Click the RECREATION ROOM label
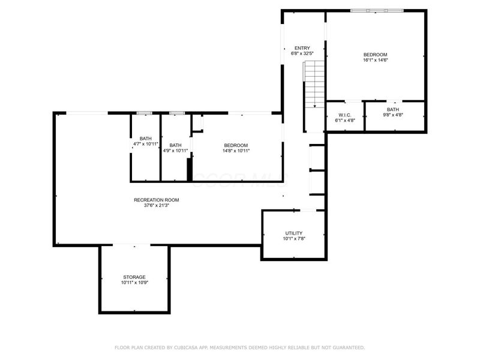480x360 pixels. [x=156, y=200]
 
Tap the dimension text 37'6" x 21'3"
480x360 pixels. [x=156, y=206]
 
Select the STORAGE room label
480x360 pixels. [x=134, y=277]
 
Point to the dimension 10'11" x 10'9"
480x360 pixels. [x=134, y=283]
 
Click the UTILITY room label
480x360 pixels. [x=293, y=233]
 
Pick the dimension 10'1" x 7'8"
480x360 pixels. [x=293, y=239]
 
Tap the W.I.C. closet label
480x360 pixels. [x=344, y=115]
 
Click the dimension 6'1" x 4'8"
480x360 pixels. [x=344, y=121]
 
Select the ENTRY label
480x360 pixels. [x=302, y=48]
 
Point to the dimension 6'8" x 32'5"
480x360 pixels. [x=302, y=54]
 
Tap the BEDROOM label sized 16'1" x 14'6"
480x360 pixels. [x=375, y=54]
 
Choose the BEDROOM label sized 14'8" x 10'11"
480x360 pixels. [x=236, y=145]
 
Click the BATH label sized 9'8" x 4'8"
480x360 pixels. [x=392, y=109]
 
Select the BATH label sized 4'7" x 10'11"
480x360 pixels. [x=145, y=139]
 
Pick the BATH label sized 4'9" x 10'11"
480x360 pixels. [x=175, y=145]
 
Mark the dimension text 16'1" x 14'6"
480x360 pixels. [x=375, y=60]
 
